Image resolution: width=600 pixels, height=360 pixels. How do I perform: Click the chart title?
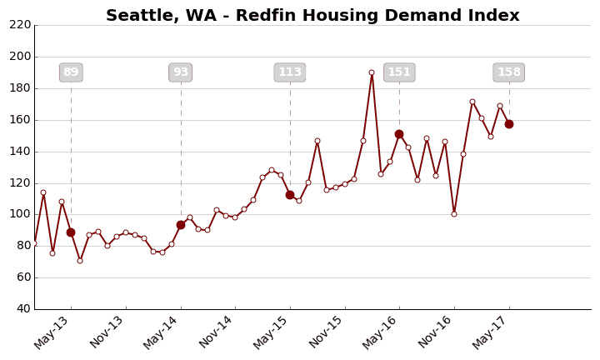pyautogui.click(x=312, y=16)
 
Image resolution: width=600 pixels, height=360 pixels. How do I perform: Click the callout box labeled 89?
pyautogui.click(x=71, y=72)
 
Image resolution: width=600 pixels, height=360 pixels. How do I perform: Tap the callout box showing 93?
pyautogui.click(x=180, y=72)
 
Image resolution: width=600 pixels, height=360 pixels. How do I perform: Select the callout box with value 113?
pyautogui.click(x=290, y=72)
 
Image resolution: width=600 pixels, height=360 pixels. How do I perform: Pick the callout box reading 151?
pyautogui.click(x=399, y=72)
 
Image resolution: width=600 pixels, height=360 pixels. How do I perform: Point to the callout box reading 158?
pyautogui.click(x=508, y=72)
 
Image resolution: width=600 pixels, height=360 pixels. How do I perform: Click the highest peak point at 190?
pyautogui.click(x=372, y=72)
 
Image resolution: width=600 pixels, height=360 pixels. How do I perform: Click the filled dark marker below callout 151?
pyautogui.click(x=399, y=134)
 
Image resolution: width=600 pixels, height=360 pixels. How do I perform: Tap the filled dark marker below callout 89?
pyautogui.click(x=71, y=232)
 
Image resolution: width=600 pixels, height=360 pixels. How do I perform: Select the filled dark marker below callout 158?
pyautogui.click(x=509, y=124)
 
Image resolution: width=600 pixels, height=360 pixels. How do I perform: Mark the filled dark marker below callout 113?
pyautogui.click(x=290, y=195)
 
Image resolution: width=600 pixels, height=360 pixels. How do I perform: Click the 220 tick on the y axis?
pyautogui.click(x=20, y=25)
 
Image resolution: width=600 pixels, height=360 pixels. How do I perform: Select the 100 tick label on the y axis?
pyautogui.click(x=20, y=214)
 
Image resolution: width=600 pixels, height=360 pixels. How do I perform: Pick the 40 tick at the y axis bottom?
pyautogui.click(x=23, y=308)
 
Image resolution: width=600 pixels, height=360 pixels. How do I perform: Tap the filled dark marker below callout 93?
pyautogui.click(x=181, y=225)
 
